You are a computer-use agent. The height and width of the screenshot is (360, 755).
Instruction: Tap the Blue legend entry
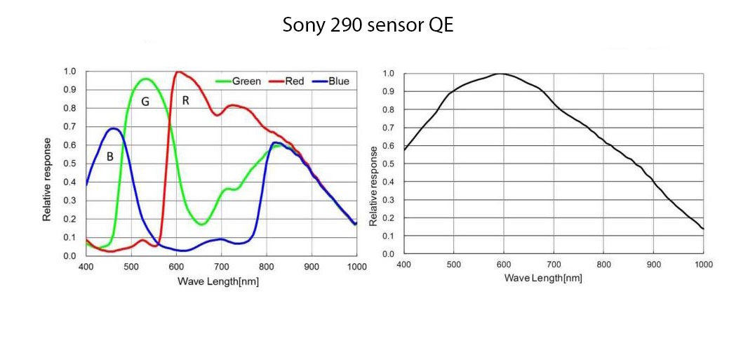point(338,81)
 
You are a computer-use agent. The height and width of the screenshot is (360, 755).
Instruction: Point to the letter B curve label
point(110,157)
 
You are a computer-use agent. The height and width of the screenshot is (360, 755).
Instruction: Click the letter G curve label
point(145,102)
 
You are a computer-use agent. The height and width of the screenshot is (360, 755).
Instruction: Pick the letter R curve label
point(185,100)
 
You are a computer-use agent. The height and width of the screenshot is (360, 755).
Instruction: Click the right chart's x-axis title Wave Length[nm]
point(543,278)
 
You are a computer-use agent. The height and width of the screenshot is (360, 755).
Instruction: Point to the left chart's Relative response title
point(47,179)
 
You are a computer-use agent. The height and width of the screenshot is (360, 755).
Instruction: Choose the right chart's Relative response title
point(374,185)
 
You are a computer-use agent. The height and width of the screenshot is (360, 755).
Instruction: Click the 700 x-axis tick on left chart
point(221,267)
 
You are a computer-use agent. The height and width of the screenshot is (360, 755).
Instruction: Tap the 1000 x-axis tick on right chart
point(703,265)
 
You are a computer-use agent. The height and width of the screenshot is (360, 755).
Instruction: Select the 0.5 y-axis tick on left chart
point(69,164)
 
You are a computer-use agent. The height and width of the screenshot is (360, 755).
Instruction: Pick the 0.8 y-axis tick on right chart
point(388,109)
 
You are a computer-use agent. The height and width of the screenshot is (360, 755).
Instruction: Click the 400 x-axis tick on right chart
point(403,265)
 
